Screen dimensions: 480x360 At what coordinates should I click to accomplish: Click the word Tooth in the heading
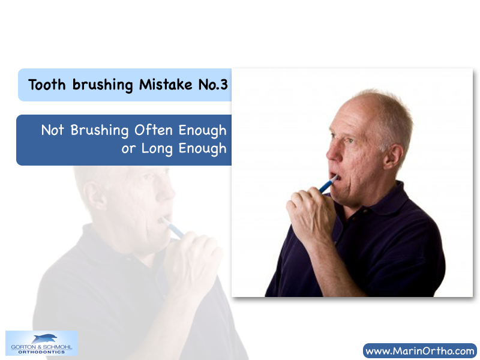tap(47, 85)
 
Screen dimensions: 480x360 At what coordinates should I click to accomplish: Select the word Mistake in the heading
tap(166, 84)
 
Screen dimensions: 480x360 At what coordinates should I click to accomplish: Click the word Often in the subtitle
tap(154, 130)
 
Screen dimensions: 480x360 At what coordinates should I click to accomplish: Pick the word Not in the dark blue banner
tap(52, 130)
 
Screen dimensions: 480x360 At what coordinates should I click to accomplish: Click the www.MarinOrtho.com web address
tap(419, 351)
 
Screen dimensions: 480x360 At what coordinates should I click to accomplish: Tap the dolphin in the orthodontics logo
tap(44, 338)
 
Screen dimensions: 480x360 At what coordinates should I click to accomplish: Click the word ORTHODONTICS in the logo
tap(41, 352)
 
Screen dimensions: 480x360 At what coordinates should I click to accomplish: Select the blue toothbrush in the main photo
tap(328, 184)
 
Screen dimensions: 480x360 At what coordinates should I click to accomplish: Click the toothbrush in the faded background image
tap(172, 227)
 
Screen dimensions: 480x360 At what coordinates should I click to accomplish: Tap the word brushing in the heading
tap(103, 85)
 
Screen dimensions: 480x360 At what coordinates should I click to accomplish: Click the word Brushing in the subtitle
tap(100, 130)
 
